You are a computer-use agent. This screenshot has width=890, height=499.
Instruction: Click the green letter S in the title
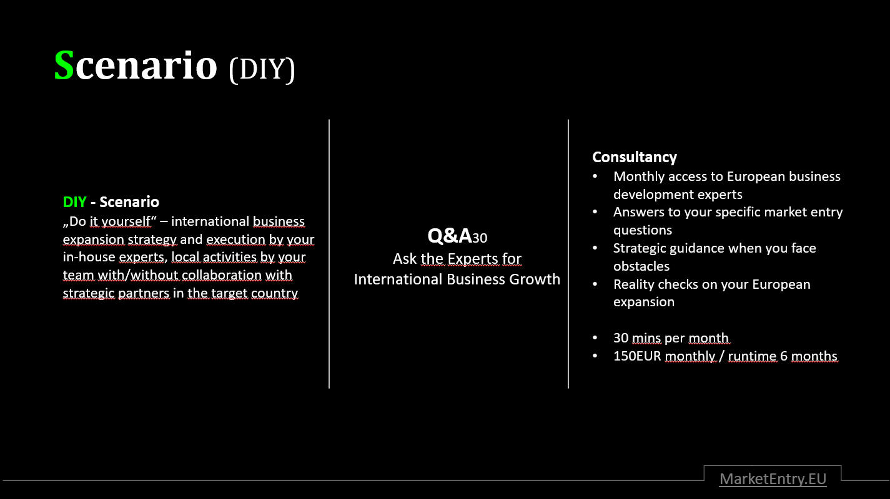click(64, 65)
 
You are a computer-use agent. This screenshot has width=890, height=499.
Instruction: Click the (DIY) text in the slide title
click(262, 69)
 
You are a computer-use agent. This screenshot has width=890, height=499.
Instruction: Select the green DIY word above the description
click(75, 202)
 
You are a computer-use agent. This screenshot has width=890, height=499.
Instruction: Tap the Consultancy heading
click(634, 157)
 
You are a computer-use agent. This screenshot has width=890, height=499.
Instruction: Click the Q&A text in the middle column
click(449, 236)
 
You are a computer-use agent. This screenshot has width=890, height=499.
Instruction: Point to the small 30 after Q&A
click(480, 238)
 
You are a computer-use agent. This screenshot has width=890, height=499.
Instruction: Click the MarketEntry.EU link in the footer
click(773, 479)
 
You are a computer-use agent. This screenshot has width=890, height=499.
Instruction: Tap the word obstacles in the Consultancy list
click(641, 266)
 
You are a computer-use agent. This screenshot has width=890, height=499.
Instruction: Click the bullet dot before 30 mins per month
click(595, 337)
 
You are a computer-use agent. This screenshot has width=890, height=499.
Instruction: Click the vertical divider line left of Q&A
click(329, 254)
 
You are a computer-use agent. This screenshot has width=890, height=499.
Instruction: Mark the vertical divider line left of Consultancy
click(568, 254)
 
